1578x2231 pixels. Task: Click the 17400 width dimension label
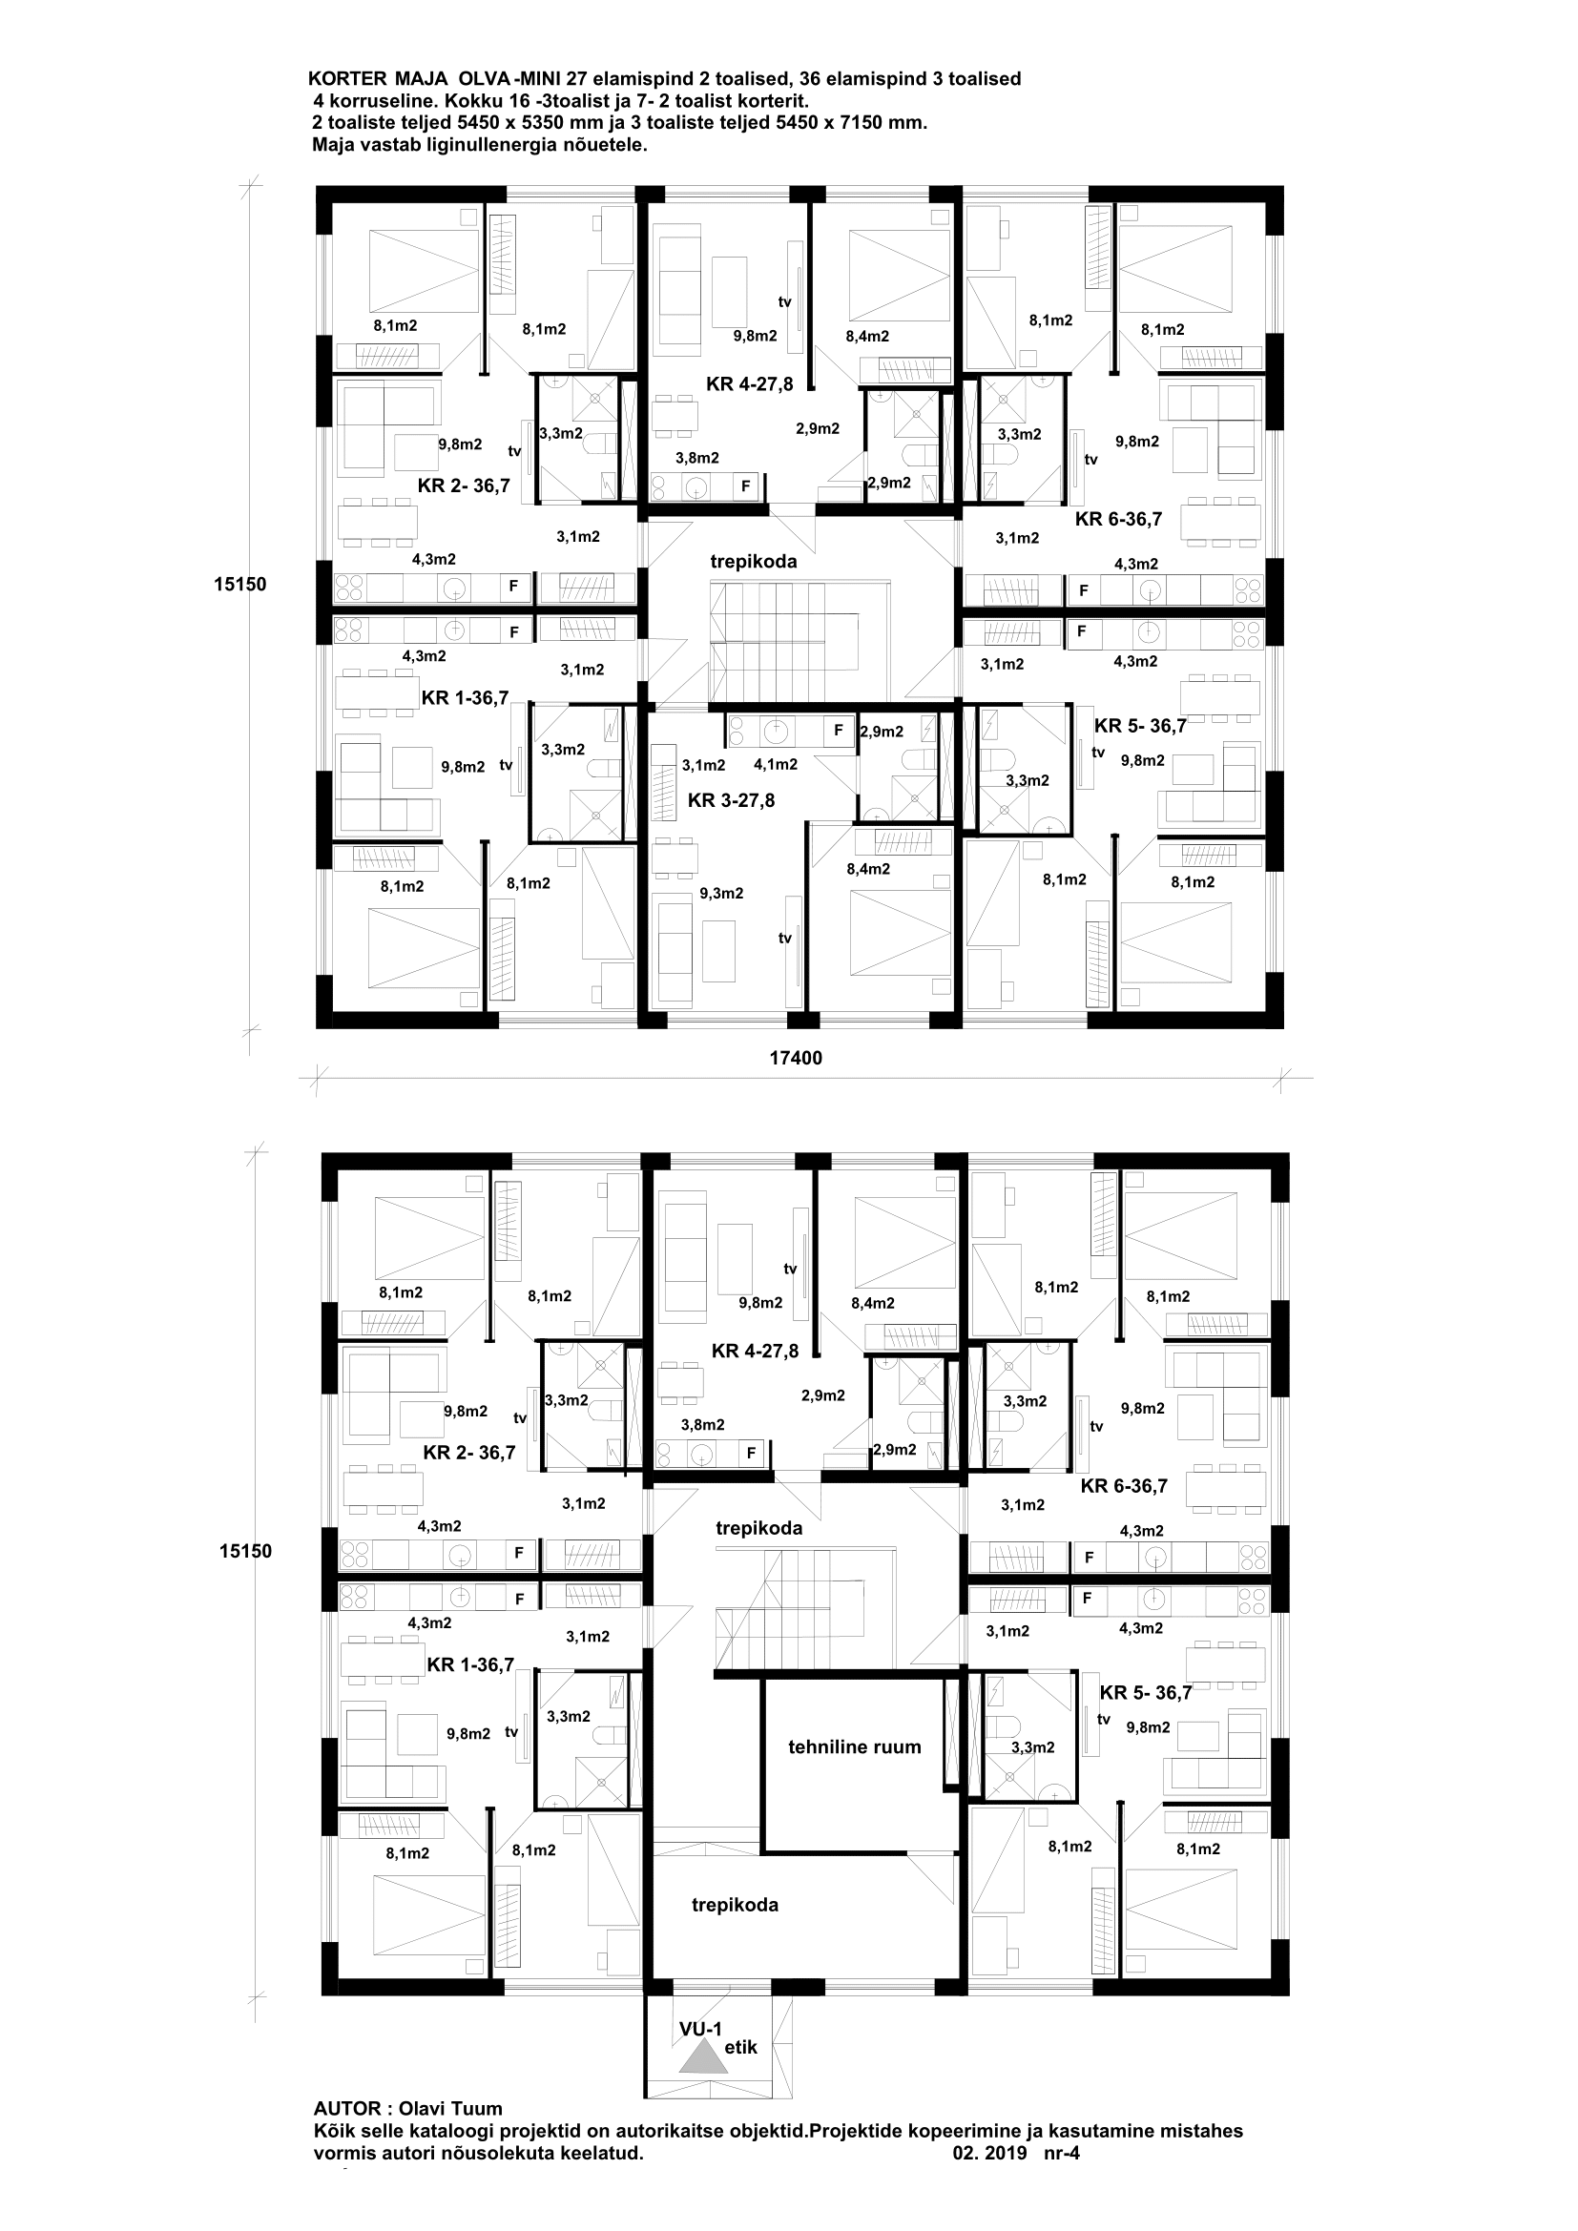click(796, 1058)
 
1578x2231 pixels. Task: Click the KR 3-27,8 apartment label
click(731, 800)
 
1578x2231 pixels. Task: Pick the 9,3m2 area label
click(721, 893)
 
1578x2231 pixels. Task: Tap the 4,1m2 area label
click(776, 765)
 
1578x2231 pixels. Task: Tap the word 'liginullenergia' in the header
click(467, 145)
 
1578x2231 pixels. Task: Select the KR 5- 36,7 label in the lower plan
click(1146, 1693)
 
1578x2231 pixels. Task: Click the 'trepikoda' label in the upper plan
click(753, 561)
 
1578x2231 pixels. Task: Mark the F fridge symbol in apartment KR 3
click(838, 730)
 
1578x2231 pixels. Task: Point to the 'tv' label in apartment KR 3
click(784, 938)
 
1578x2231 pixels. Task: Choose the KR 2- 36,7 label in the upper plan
click(464, 485)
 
